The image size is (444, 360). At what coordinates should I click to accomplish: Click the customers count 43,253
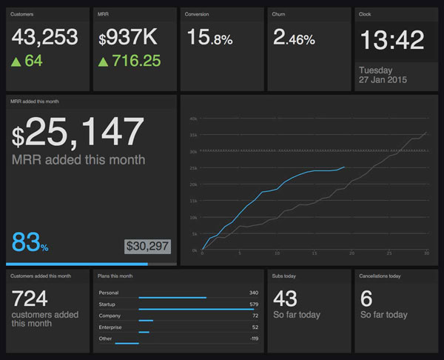point(46,38)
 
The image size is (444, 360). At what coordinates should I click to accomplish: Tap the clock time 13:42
point(391,40)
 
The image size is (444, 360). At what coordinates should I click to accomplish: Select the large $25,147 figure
point(78,134)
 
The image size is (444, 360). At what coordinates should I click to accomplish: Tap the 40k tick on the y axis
point(193,119)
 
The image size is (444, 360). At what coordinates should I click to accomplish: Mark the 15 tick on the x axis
point(314,254)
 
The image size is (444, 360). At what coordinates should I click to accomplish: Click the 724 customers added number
point(30,299)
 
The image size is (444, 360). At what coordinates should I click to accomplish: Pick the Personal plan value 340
point(254,293)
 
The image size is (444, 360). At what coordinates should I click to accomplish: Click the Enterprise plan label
point(110,327)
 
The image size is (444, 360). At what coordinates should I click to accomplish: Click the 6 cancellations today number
point(366,298)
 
